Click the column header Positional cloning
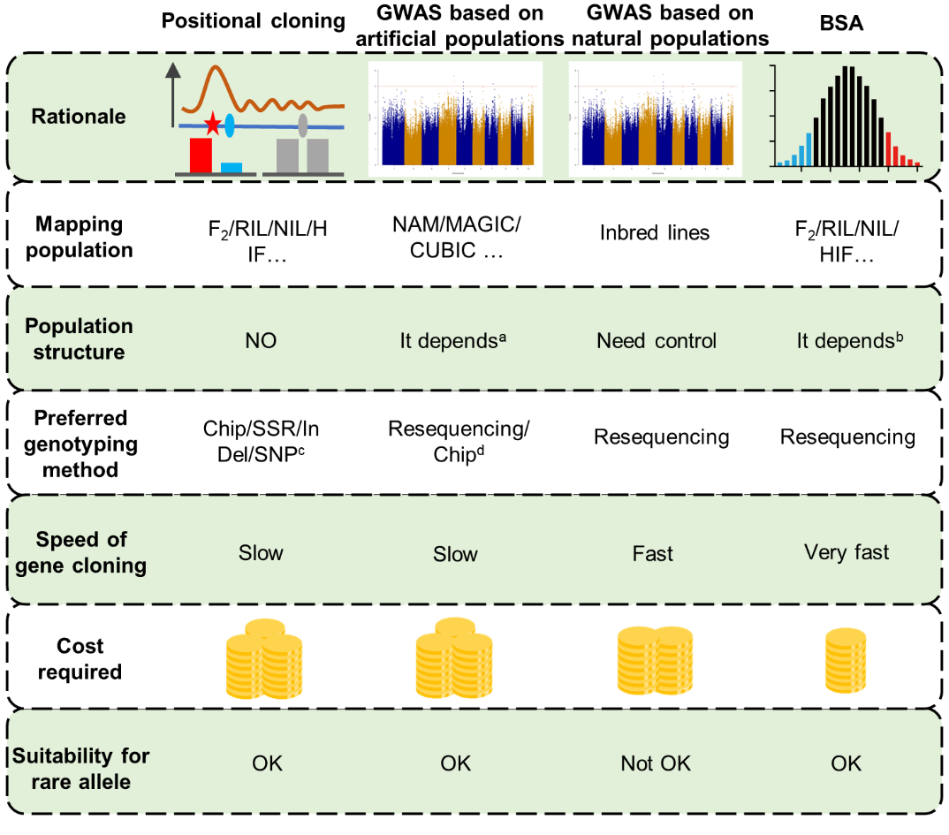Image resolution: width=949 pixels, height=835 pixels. coord(253,22)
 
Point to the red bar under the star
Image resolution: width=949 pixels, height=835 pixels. coord(200,155)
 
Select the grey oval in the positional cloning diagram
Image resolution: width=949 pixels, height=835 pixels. coord(303,125)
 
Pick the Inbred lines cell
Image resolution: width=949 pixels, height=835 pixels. coord(656,232)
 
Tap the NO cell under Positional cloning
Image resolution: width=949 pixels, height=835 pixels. coord(262,340)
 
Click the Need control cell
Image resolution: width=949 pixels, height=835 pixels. coord(656,341)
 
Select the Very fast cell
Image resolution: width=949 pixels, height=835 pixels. coord(846,552)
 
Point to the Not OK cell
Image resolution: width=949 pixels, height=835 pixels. coord(655,763)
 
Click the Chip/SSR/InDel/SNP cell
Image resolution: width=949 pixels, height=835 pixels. coord(262,441)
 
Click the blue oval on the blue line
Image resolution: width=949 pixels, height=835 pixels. coord(230,125)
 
